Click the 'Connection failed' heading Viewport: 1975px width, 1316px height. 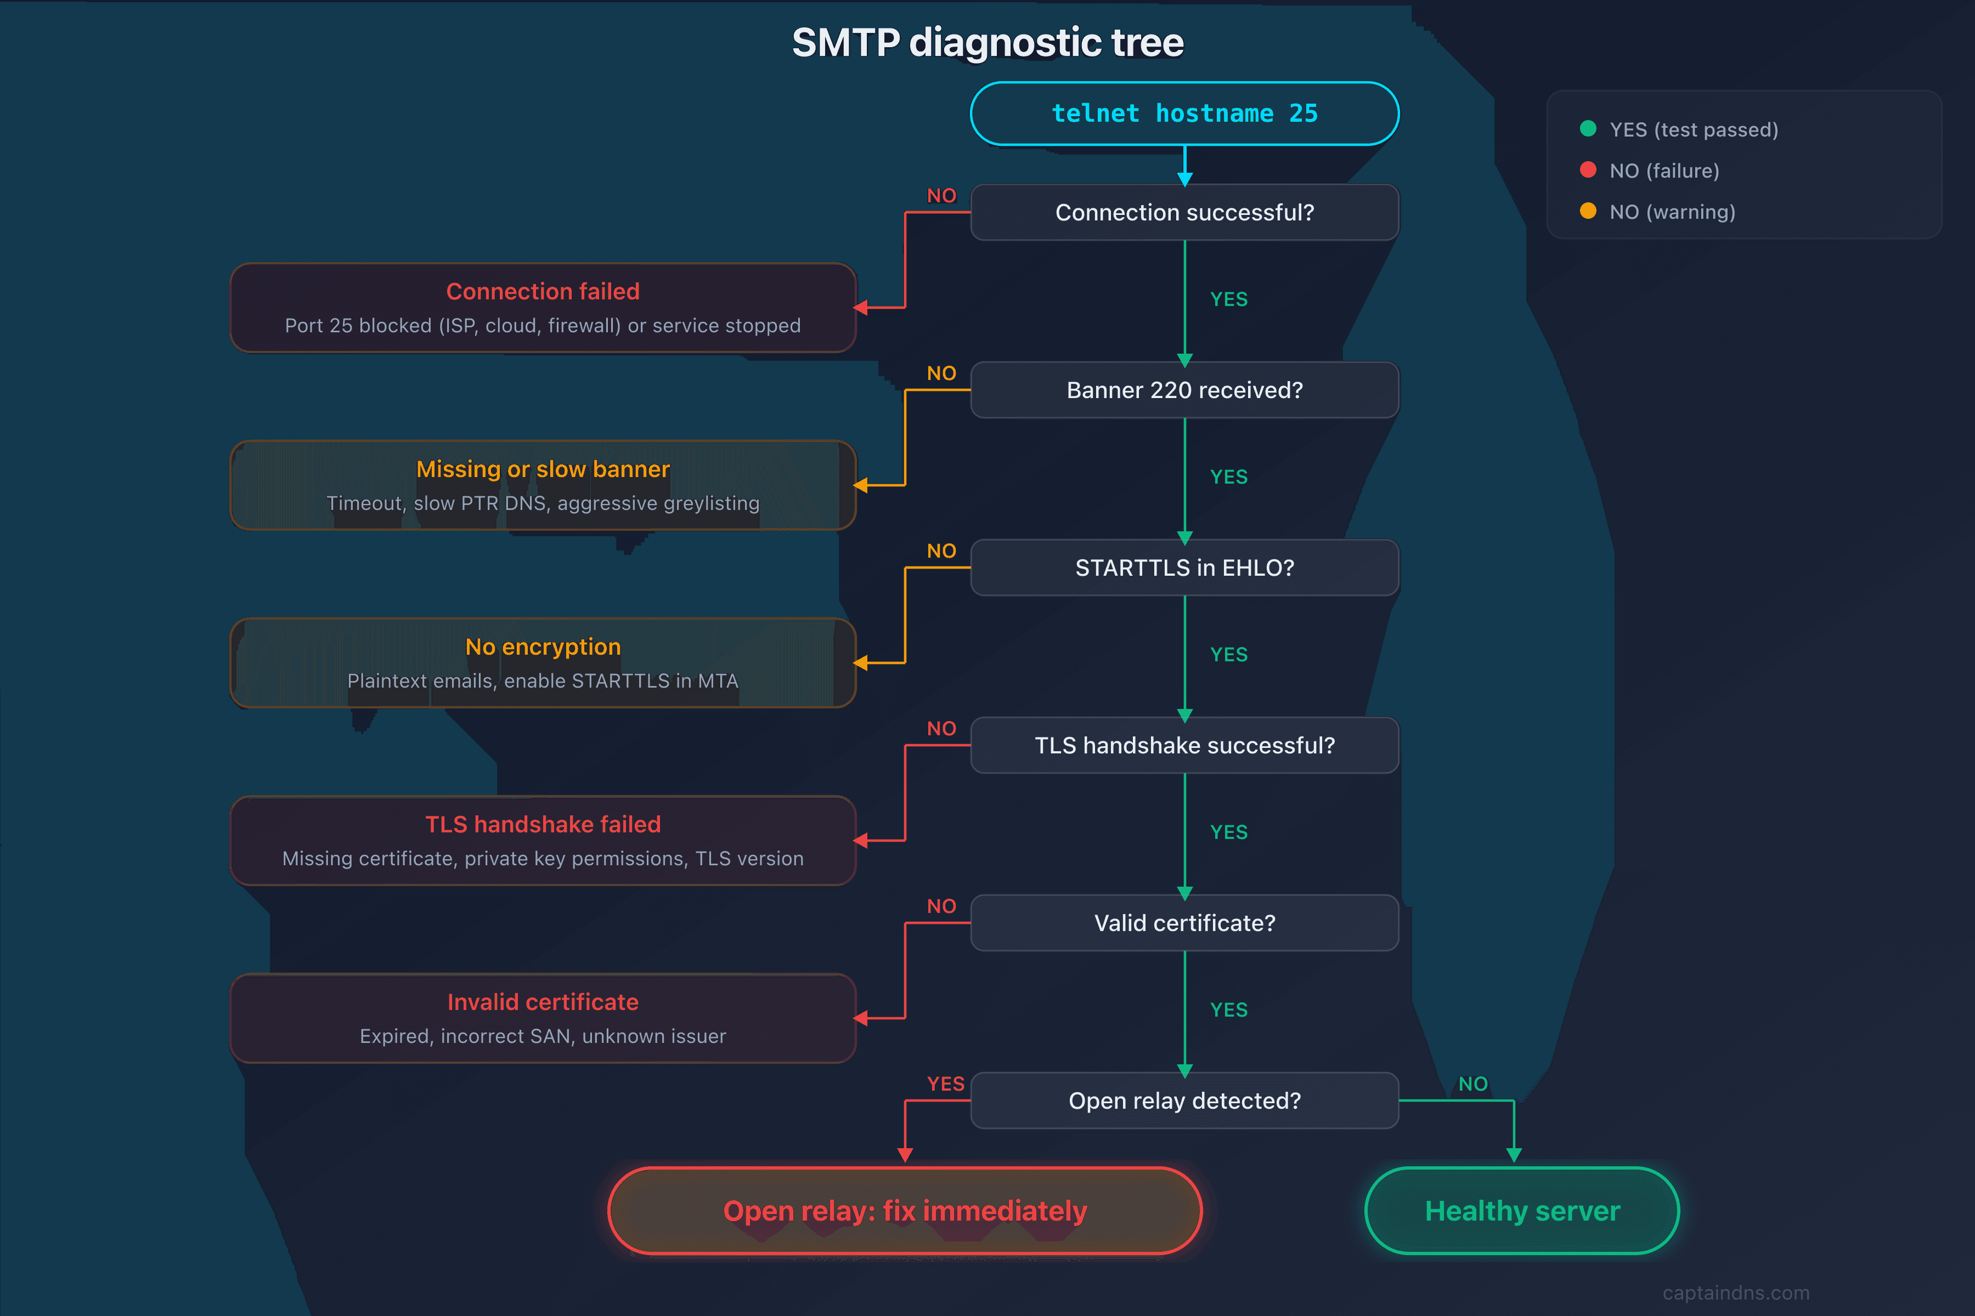(543, 291)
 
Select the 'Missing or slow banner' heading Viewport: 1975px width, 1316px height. (543, 469)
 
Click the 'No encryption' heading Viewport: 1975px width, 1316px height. (543, 647)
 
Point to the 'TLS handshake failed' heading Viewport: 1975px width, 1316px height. (543, 824)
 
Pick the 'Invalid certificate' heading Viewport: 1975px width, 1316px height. (543, 1002)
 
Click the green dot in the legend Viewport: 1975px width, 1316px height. (1587, 128)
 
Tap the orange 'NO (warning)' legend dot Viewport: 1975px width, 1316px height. (1587, 211)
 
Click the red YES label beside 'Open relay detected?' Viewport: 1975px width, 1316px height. (945, 1084)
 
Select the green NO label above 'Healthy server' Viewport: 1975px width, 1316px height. (1473, 1084)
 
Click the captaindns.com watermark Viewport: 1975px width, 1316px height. (1736, 1292)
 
